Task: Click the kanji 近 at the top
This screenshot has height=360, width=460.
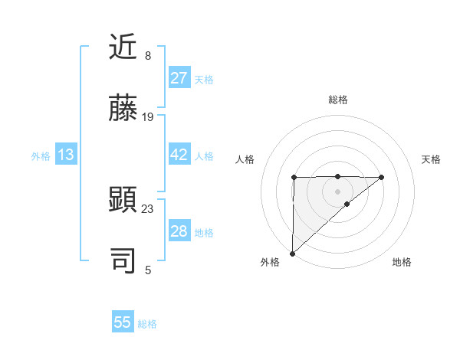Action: tap(124, 48)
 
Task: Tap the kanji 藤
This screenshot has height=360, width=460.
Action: tap(124, 109)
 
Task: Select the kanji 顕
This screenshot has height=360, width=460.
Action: tap(124, 200)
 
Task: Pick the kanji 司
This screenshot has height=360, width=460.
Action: tap(124, 260)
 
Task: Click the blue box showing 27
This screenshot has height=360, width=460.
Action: tap(179, 78)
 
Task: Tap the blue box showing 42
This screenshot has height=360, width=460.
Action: tap(179, 155)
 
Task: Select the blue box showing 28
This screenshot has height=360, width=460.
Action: tap(179, 231)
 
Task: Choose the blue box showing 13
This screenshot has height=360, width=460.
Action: tap(66, 155)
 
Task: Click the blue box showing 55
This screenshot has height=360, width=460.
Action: tap(123, 322)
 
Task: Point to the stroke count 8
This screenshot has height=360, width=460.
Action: tap(147, 56)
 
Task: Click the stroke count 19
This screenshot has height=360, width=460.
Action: tap(148, 117)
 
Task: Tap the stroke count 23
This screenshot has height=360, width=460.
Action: tap(148, 208)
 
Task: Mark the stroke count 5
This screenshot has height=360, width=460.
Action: tap(147, 270)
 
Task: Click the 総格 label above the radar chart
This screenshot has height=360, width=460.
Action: tap(337, 100)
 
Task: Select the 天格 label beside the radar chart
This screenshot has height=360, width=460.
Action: tap(431, 159)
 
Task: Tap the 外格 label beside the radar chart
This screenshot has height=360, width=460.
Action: tap(270, 262)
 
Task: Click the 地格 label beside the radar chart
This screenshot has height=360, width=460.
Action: tap(402, 262)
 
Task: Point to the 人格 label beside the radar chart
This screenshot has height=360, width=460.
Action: tap(245, 159)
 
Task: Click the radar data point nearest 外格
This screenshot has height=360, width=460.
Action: tap(292, 253)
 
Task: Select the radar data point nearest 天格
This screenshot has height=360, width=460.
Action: tap(382, 177)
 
